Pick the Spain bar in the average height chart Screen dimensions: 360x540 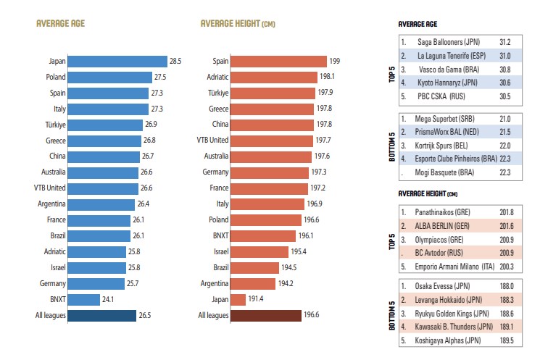(x=279, y=62)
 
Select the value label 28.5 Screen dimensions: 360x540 (x=176, y=62)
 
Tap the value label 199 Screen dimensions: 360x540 (x=334, y=62)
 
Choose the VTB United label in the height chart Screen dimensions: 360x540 (x=212, y=141)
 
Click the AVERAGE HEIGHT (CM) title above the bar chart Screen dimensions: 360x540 (x=238, y=24)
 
